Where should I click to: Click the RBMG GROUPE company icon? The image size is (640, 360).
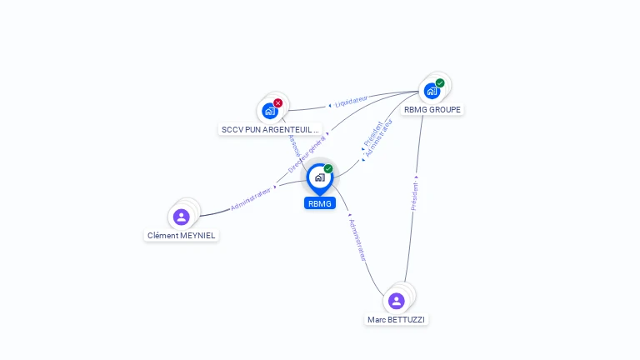coord(432,91)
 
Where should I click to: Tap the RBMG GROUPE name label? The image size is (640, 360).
coord(432,109)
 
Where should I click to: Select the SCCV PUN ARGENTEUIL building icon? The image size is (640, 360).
coord(269,110)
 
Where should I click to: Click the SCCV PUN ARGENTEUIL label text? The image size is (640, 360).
coord(270,129)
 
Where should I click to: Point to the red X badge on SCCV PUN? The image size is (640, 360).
coord(278,102)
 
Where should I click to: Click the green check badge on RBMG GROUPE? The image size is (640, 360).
coord(440,82)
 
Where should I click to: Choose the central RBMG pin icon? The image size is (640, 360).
coord(319,177)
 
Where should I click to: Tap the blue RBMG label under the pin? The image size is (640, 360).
coord(320,203)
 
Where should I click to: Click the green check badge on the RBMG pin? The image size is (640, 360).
coord(328,169)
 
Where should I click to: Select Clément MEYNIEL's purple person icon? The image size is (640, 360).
coord(181,217)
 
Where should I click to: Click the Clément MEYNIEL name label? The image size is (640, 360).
coord(182,235)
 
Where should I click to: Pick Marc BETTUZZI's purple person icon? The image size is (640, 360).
coord(396,301)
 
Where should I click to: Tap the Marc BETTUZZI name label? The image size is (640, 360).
coord(397,319)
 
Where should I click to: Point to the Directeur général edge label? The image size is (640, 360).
coord(307,153)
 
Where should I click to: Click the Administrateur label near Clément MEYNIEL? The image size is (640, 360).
coord(252,198)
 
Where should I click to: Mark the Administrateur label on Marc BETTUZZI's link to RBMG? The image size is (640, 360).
coord(357,240)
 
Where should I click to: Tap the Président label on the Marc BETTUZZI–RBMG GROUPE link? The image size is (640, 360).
coord(415,197)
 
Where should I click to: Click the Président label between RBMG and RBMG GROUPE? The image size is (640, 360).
coord(372,134)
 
